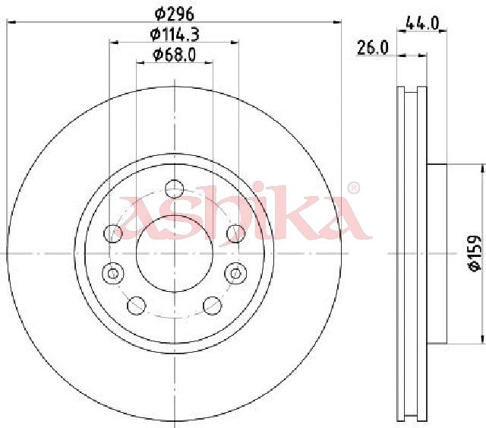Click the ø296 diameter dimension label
pyautogui.click(x=175, y=14)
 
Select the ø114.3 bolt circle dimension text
pyautogui.click(x=175, y=34)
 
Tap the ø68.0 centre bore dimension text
pyautogui.click(x=175, y=55)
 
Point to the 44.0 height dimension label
pyautogui.click(x=422, y=24)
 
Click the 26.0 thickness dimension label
pyautogui.click(x=373, y=48)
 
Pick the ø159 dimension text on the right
pyautogui.click(x=475, y=254)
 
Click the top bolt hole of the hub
pyautogui.click(x=175, y=189)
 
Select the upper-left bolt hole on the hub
pyautogui.click(x=113, y=233)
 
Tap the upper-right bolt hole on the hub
pyautogui.click(x=236, y=233)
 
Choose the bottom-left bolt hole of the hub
pyautogui.click(x=137, y=306)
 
